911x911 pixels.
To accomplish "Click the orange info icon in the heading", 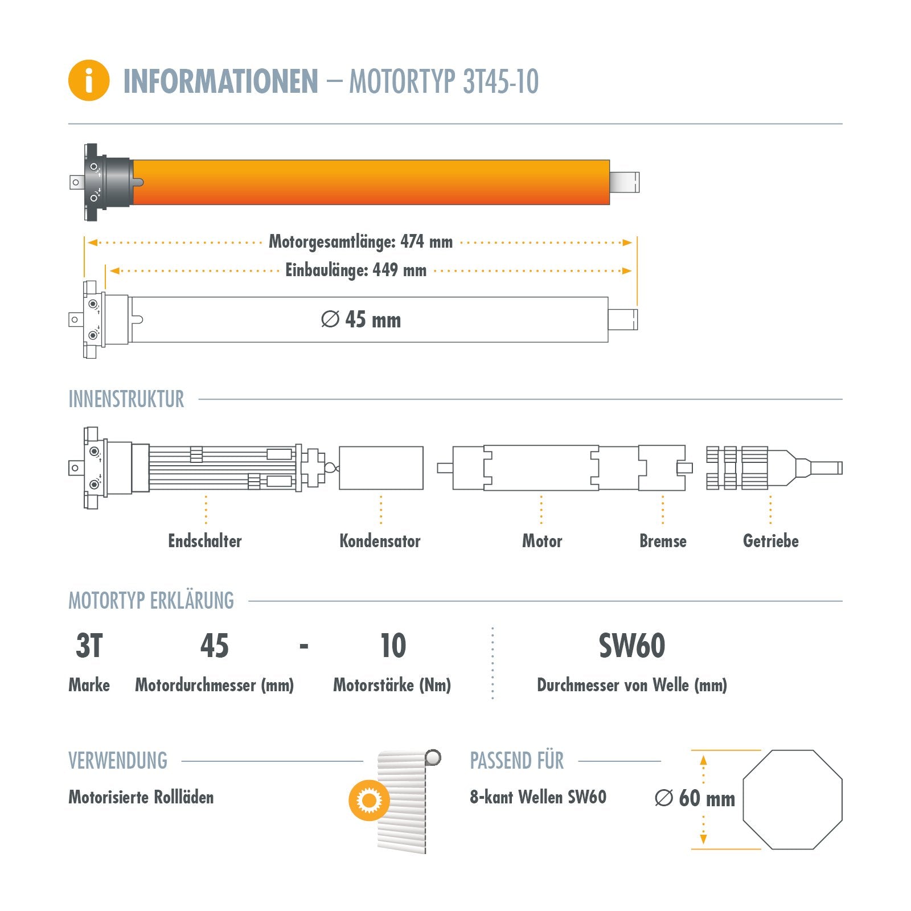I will coord(89,80).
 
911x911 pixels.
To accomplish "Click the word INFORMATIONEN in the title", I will coord(221,81).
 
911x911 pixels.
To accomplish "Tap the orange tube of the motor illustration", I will coord(370,182).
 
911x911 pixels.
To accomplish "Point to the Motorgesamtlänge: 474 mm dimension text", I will coord(360,242).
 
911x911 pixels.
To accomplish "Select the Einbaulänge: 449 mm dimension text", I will coord(356,270).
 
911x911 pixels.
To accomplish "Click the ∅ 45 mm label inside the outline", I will coord(361,320).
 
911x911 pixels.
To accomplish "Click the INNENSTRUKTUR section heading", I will coord(126,399).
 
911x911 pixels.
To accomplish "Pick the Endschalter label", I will coord(205,541).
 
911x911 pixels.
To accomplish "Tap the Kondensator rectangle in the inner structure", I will coord(381,468).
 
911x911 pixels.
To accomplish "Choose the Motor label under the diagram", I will coord(542,541).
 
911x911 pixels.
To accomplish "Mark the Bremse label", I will coord(663,541).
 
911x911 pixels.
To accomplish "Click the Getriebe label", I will coord(770,541).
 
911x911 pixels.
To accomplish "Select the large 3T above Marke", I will coord(89,646).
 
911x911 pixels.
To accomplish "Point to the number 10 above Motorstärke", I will coord(393,646).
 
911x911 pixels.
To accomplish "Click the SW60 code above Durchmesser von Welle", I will coord(631,646).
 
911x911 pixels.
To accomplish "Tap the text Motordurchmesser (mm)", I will coord(214,685).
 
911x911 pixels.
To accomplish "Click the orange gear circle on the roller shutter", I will coord(369,801).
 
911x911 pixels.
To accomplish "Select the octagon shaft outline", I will coord(792,799).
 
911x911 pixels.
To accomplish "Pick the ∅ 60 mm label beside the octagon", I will coord(695,798).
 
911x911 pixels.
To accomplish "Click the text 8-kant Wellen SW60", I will coord(538,797).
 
